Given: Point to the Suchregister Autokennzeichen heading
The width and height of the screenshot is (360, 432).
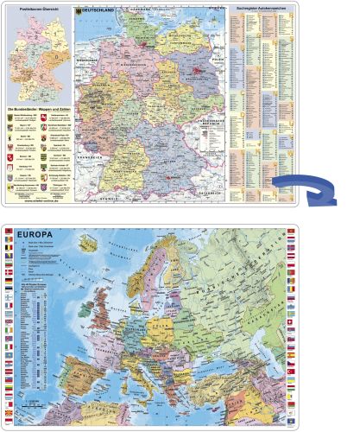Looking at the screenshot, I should click(260, 12).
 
